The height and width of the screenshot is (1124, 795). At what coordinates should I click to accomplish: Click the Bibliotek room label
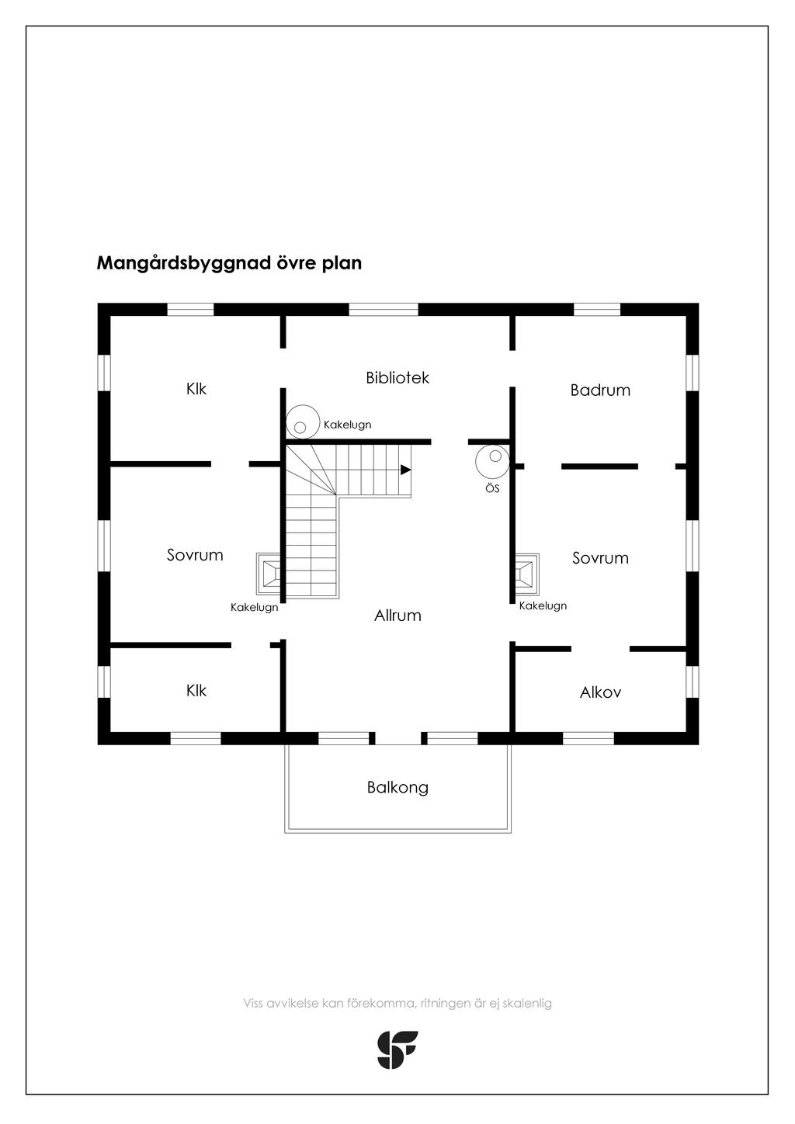pos(397,377)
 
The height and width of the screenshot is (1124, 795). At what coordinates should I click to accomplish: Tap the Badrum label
pos(600,390)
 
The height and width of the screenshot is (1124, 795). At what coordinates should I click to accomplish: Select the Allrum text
pos(397,616)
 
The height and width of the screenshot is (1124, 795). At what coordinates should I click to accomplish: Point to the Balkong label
pos(397,787)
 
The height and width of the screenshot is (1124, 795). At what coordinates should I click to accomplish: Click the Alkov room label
pos(600,692)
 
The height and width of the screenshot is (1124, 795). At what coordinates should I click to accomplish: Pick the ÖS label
pos(492,487)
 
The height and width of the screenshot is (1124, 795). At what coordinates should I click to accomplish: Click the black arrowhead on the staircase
pos(405,470)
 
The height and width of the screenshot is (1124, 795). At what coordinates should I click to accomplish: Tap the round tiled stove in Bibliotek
pos(303,422)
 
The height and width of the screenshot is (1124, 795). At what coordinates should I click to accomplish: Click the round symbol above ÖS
pos(492,461)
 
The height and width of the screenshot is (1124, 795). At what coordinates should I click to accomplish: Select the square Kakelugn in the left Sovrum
pos(269,573)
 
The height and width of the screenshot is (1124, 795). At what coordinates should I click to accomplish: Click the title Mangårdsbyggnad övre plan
pos(229,263)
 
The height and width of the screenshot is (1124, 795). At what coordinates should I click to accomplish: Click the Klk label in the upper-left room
pos(196,389)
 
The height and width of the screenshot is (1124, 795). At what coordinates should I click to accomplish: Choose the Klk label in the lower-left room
pos(196,690)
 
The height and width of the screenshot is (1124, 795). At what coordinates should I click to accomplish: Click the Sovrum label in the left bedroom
pos(195,555)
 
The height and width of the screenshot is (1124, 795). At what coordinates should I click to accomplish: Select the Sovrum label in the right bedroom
pos(600,558)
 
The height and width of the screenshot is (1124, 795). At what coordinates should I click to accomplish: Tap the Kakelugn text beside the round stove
pos(347,425)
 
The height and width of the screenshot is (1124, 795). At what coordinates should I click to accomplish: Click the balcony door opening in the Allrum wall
pos(398,738)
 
